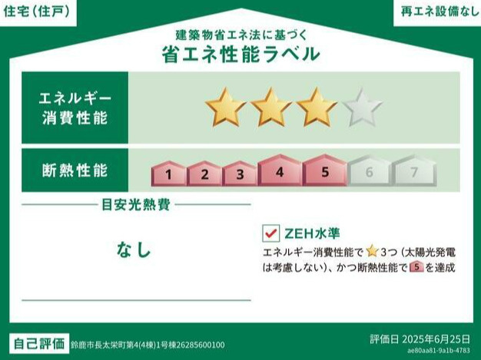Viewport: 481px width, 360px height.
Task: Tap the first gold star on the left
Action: [224, 108]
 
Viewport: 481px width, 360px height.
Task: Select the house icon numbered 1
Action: [168, 173]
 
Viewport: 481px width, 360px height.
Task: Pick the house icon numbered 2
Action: [204, 173]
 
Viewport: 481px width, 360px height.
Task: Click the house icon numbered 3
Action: [240, 173]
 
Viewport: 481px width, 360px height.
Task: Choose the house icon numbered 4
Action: [280, 170]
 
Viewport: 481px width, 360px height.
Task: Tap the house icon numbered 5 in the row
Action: [325, 170]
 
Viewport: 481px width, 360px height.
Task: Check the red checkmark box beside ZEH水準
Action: [270, 232]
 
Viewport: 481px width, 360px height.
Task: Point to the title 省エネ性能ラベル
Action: [240, 54]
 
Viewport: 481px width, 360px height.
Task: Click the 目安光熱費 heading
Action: [136, 205]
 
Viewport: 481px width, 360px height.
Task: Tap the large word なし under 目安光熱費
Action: [134, 249]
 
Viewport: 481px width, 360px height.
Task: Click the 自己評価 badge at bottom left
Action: [38, 343]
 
